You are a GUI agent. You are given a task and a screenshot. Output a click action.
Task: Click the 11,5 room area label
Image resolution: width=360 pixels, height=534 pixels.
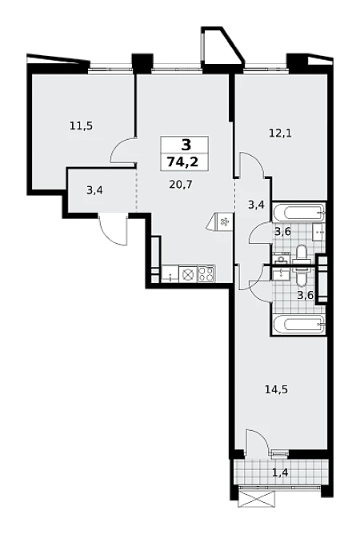tap(81, 126)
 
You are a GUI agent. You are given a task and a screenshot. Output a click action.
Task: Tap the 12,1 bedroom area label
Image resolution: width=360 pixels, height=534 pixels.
tap(280, 133)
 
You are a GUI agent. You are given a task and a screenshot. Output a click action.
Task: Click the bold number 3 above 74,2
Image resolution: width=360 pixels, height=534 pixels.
tap(186, 145)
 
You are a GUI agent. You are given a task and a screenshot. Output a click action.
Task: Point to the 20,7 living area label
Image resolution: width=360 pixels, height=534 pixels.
tap(181, 185)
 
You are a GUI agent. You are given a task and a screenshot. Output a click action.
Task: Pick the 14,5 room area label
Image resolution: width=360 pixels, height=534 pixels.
tap(276, 389)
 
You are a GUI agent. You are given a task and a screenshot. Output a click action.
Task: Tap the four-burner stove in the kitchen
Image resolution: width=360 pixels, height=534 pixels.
tap(206, 274)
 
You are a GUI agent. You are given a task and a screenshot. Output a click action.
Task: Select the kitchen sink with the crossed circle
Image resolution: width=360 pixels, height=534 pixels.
tap(187, 274)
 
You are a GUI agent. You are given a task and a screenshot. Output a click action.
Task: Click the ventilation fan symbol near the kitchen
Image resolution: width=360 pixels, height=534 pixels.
tap(220, 222)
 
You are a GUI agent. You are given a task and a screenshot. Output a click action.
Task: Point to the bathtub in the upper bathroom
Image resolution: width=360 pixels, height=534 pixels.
tap(298, 212)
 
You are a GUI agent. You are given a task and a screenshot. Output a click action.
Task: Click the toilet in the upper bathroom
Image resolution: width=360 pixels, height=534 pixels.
tap(301, 253)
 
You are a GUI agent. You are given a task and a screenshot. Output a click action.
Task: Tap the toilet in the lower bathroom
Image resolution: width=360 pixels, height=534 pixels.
tap(301, 277)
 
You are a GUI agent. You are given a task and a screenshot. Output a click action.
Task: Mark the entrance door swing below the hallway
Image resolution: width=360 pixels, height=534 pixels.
tap(113, 229)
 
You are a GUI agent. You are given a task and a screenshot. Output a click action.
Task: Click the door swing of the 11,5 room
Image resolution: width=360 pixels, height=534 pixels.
tap(122, 151)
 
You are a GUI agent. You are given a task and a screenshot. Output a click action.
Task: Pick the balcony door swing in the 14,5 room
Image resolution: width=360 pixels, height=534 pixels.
tap(258, 441)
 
